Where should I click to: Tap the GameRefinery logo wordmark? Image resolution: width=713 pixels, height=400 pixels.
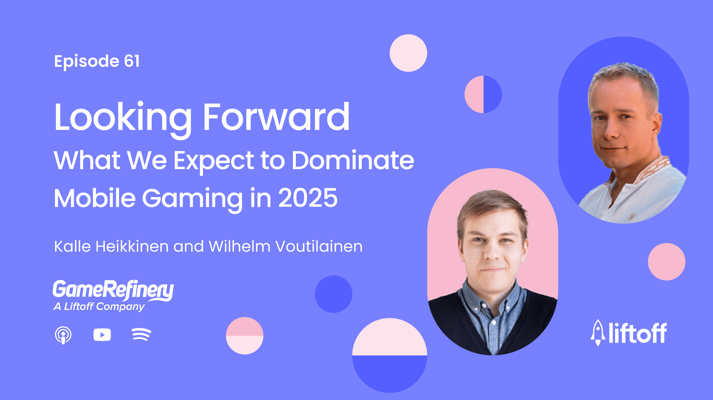pos(113,290)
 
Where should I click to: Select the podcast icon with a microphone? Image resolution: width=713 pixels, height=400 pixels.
pos(63,335)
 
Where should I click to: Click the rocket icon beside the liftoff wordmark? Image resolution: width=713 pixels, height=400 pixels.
pos(598,333)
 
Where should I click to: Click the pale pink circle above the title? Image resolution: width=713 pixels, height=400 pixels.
pos(408,53)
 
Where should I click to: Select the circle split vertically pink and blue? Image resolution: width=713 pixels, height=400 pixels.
pos(483,94)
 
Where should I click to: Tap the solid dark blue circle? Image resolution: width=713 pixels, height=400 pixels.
pos(334,294)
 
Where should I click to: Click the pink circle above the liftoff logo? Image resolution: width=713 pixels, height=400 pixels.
pos(667,262)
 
